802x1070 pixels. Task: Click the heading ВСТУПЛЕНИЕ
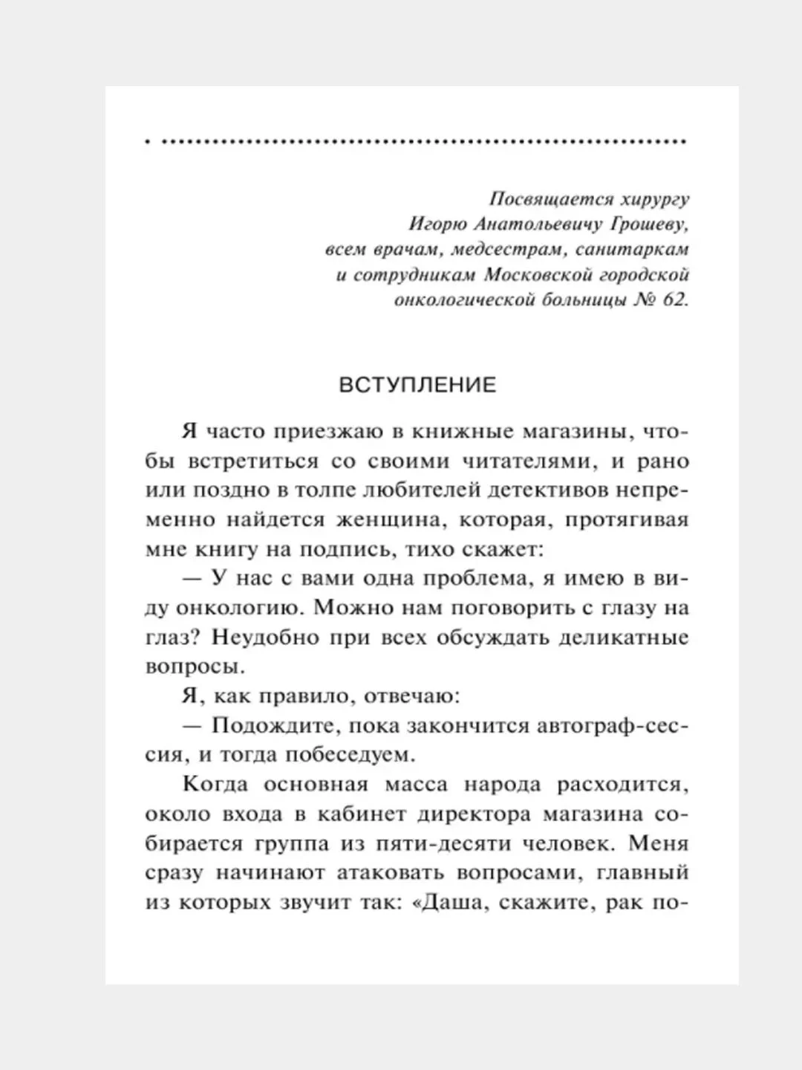click(417, 385)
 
